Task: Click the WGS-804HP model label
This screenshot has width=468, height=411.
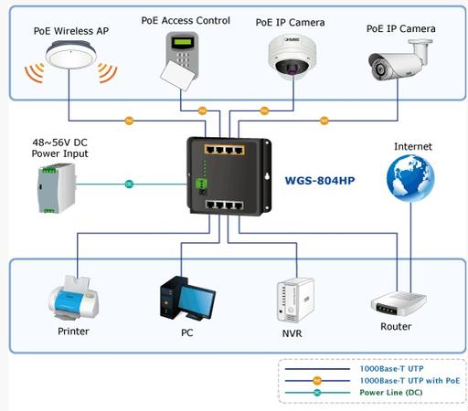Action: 320,181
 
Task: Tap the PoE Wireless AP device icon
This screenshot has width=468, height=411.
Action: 70,56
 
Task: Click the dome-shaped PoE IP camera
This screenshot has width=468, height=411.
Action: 292,57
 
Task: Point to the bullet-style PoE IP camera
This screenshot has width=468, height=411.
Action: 399,59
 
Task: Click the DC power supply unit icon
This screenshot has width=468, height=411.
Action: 57,188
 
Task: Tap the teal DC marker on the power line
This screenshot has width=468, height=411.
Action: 129,184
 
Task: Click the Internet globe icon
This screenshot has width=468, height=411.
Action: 410,178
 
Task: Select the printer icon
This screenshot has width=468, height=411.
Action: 73,298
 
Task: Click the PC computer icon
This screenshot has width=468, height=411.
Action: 187,299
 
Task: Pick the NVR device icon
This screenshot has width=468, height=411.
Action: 295,300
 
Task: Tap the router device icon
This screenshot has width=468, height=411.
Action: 399,304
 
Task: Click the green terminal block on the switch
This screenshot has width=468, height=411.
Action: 201,184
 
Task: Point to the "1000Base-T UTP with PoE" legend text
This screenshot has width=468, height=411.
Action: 409,381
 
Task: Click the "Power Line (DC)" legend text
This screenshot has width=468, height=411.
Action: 391,393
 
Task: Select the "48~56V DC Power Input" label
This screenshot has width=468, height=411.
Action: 59,148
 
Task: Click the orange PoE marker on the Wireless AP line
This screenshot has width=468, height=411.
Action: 129,121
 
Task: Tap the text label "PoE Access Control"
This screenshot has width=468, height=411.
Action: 186,21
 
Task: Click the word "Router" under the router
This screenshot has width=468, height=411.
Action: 396,327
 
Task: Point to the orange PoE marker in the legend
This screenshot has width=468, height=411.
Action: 317,381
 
